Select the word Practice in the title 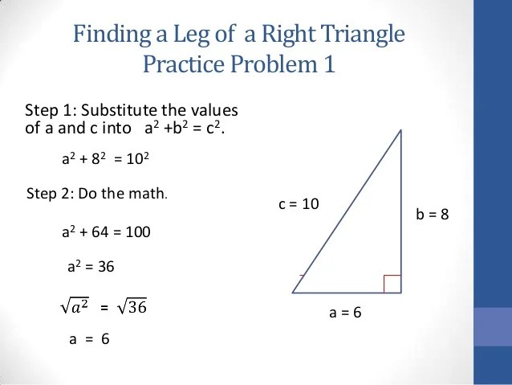click(x=181, y=63)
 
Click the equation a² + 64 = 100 click(x=106, y=232)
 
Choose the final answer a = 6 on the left click(x=88, y=339)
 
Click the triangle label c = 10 click(x=299, y=204)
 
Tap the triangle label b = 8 click(x=432, y=215)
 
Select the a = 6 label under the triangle click(x=346, y=312)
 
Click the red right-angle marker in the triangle click(x=392, y=284)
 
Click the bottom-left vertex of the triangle click(x=293, y=293)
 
